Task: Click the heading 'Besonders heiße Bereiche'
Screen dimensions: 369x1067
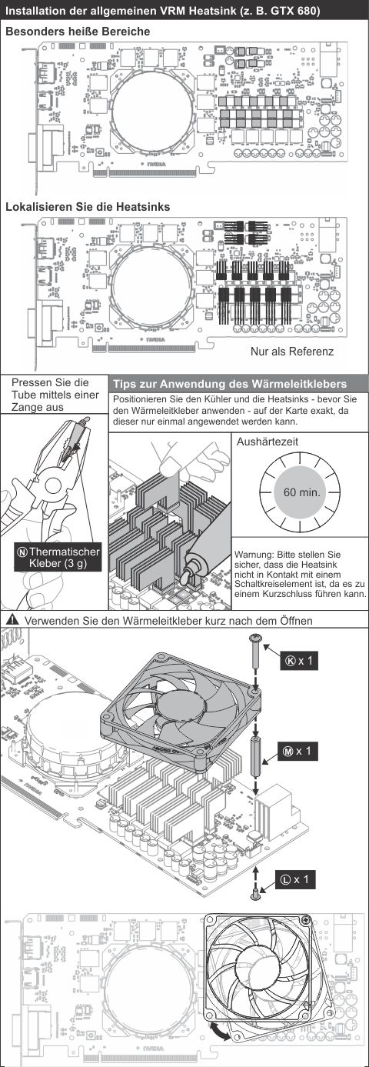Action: [x=78, y=32]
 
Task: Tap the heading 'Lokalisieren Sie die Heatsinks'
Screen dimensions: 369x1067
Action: [x=88, y=207]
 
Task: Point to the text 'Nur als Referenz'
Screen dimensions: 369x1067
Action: [x=292, y=352]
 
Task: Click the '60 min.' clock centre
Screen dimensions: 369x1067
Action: [x=300, y=492]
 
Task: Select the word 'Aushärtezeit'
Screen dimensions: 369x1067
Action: [x=267, y=442]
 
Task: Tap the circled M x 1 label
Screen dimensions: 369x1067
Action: [x=298, y=751]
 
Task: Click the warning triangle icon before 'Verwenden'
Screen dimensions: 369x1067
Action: [x=13, y=620]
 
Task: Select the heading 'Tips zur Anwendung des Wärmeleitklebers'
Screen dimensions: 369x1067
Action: [x=230, y=384]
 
